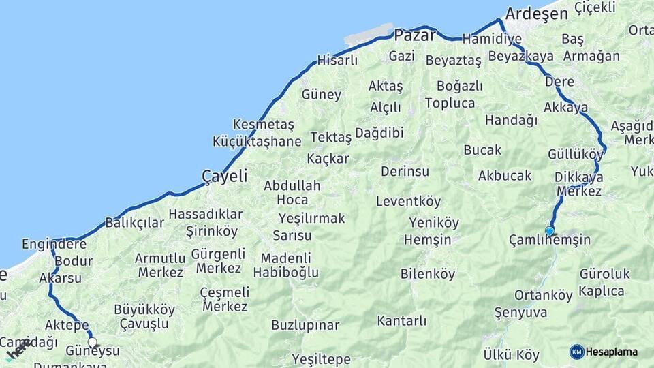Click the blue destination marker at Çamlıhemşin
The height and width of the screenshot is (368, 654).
click(549, 231)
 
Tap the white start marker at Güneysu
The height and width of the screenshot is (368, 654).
click(92, 343)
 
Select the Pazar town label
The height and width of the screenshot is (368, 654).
click(415, 35)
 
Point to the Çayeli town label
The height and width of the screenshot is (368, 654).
click(224, 177)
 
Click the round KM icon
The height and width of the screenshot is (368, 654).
click(576, 352)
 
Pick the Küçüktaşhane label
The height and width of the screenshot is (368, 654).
click(257, 142)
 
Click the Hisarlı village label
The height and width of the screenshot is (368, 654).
click(337, 60)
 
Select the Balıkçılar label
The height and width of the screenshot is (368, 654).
click(134, 223)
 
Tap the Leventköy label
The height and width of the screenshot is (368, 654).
click(408, 202)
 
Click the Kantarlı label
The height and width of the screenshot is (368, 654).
click(401, 320)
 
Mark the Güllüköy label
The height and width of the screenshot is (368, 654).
click(576, 154)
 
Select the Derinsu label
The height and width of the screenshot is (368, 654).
click(405, 171)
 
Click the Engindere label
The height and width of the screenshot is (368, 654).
click(54, 244)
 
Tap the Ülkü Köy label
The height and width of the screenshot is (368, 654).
click(511, 355)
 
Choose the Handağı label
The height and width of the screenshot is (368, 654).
click(511, 120)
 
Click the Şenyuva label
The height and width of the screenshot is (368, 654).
click(520, 313)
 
